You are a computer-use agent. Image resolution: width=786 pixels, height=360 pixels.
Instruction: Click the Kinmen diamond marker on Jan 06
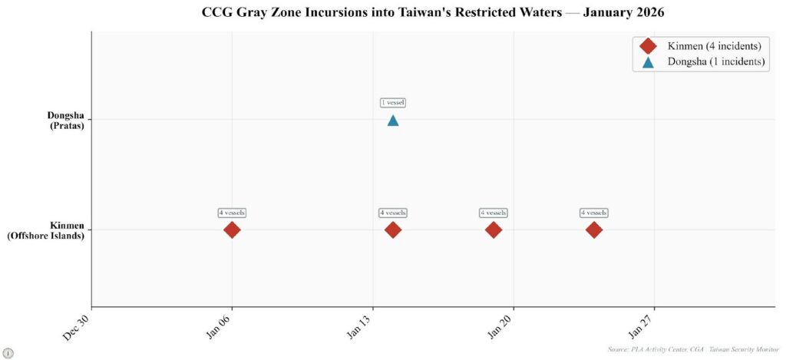pos(232,230)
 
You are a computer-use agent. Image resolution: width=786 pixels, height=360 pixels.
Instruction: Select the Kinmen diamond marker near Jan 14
pos(393,230)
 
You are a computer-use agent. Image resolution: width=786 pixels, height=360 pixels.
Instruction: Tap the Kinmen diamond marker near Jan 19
pos(494,230)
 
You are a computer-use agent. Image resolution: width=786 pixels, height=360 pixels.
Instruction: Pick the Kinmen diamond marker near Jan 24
pos(594,230)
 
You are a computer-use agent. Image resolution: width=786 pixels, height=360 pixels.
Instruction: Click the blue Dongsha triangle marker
pos(393,121)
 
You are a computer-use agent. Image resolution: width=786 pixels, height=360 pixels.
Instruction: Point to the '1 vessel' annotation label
pos(393,103)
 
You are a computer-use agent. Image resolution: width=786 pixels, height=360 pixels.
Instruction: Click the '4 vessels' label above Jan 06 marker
pos(232,213)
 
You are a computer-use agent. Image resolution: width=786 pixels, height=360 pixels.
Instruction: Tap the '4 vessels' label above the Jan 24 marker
pos(594,213)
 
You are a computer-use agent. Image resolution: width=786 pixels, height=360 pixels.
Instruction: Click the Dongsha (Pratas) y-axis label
pos(65,121)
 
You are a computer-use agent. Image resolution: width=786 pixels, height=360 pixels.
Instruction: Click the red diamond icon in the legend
pos(648,46)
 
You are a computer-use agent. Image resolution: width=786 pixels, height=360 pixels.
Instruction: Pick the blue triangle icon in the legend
pos(648,62)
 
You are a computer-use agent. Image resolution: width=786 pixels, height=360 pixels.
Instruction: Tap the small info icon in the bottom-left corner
pos(8,352)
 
